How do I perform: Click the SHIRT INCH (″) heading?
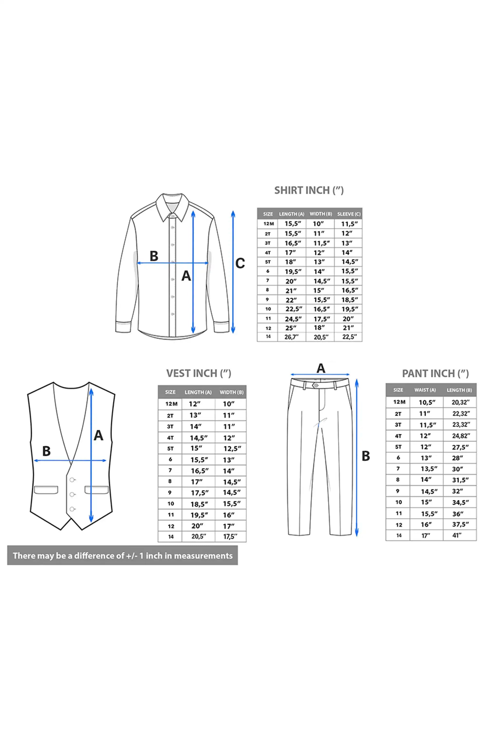[309, 190]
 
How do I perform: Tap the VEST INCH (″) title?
[198, 373]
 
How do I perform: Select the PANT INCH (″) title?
[435, 373]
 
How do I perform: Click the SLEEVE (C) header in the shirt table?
[349, 214]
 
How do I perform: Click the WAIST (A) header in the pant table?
[425, 390]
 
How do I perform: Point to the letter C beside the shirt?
[240, 263]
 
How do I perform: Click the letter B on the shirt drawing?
[154, 256]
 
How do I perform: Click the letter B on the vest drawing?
[46, 451]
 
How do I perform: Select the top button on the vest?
[72, 480]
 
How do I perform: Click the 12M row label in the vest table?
[171, 404]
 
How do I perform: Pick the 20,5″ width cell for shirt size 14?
[321, 337]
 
